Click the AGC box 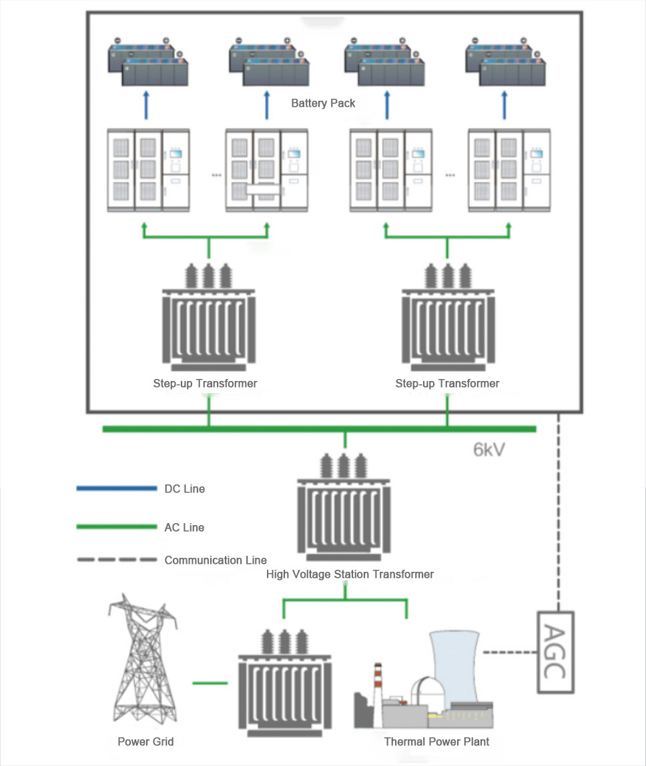point(555,652)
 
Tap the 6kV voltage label point(489,449)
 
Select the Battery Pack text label point(323,103)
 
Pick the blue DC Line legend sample point(117,488)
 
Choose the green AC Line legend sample point(117,527)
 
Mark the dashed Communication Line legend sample point(117,560)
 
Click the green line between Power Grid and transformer point(210,683)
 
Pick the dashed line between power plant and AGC point(509,652)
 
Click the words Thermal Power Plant point(436,741)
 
